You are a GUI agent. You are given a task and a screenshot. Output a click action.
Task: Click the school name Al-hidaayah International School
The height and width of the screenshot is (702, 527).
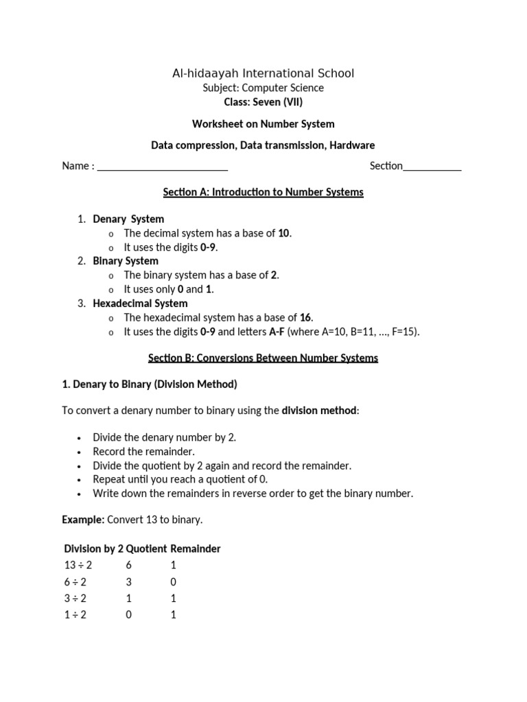[263, 73]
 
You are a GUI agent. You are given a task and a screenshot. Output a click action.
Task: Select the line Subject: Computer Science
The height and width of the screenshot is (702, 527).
[263, 88]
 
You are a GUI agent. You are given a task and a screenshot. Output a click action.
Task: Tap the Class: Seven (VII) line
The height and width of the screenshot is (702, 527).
[263, 102]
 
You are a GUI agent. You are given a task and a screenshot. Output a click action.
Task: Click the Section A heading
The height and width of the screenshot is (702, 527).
[263, 192]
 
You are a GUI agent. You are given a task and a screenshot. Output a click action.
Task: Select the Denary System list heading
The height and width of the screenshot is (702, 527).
[128, 219]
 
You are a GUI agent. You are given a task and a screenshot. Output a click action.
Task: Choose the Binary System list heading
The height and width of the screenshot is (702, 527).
[126, 261]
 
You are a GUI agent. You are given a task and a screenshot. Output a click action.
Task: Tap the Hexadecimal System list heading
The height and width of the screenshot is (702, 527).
[140, 303]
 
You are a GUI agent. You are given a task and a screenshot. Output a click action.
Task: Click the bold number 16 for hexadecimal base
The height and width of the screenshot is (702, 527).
[305, 317]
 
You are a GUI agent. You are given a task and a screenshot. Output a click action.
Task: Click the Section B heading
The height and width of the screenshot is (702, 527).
[263, 358]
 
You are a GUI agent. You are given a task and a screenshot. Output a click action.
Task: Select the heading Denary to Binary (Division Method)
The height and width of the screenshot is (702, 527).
[150, 385]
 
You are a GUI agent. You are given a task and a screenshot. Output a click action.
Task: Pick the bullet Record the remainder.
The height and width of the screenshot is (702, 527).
[144, 452]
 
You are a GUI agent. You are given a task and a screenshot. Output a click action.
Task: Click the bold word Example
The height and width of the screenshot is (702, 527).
[82, 520]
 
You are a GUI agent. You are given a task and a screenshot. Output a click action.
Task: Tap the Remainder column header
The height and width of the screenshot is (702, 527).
[196, 549]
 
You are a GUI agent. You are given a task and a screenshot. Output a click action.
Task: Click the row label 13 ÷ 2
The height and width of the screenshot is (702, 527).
[78, 566]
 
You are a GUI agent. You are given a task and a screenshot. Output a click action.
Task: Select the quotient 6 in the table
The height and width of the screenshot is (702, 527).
[128, 566]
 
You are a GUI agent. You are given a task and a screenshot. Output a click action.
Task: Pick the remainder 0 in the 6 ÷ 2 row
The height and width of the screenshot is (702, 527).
[173, 582]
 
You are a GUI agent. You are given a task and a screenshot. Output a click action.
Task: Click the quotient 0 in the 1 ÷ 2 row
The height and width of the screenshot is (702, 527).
[128, 615]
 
